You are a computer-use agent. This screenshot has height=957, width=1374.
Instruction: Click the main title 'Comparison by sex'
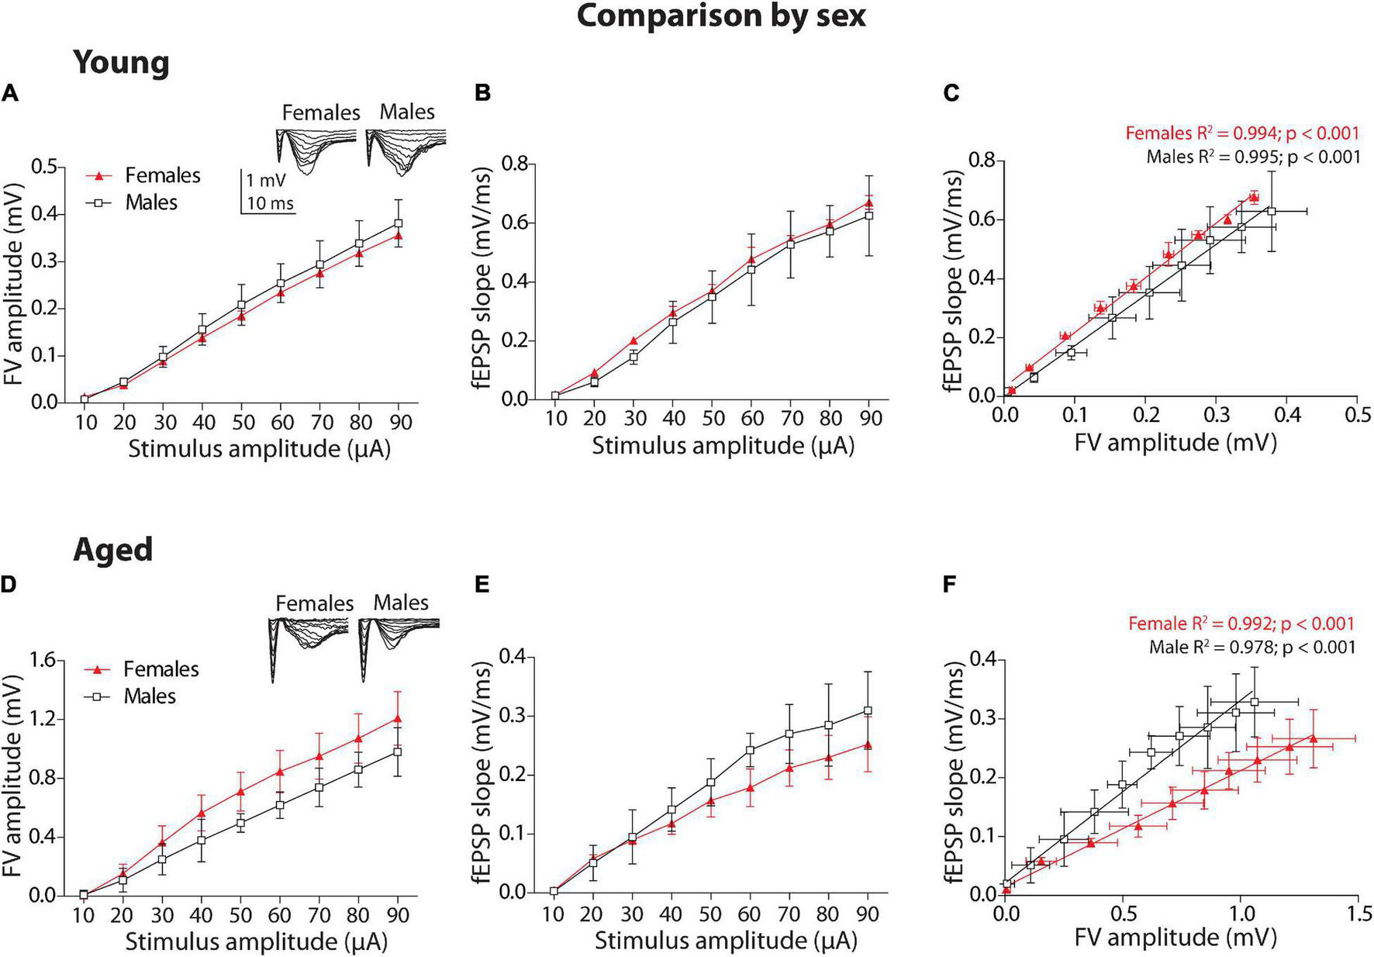click(721, 16)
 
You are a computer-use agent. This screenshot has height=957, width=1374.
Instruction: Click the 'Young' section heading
click(121, 63)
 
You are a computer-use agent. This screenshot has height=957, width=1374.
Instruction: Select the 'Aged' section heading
click(113, 550)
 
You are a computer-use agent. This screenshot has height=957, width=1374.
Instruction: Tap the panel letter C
click(951, 94)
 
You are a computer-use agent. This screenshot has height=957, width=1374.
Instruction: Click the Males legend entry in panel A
click(151, 202)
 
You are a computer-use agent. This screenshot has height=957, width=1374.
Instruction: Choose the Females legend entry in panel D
click(161, 669)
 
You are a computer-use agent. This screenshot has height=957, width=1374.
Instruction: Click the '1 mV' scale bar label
click(266, 181)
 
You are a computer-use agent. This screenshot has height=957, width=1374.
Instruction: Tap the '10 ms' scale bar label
click(270, 203)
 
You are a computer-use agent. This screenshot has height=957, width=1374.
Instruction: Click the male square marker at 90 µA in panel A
click(399, 223)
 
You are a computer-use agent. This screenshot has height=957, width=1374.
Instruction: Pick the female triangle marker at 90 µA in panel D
click(398, 719)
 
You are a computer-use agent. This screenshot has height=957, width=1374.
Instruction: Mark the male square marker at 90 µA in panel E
click(868, 710)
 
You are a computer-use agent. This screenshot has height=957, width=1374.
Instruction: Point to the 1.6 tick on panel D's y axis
click(45, 660)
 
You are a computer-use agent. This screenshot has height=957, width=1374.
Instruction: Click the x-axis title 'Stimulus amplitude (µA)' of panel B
click(723, 446)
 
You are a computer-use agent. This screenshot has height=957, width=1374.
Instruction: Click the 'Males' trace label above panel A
click(407, 112)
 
